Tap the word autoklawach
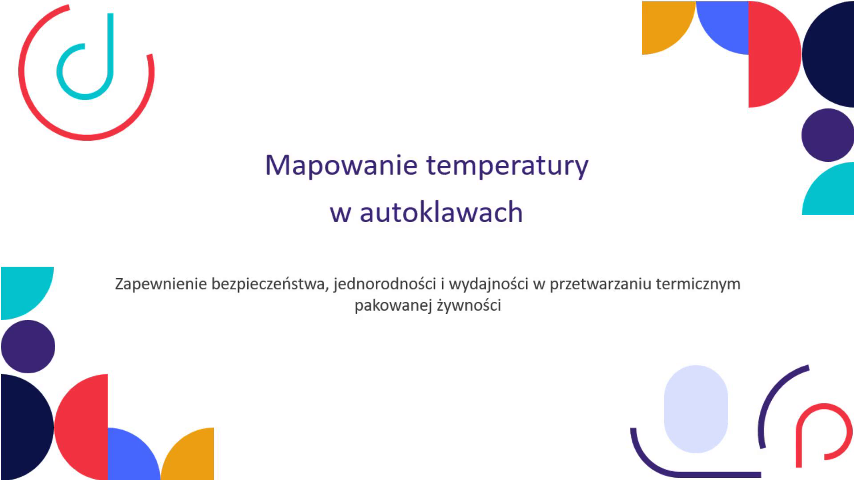pos(441,212)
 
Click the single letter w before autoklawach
pos(340,214)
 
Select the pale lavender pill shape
pos(696,409)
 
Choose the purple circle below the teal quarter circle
pos(28,347)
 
